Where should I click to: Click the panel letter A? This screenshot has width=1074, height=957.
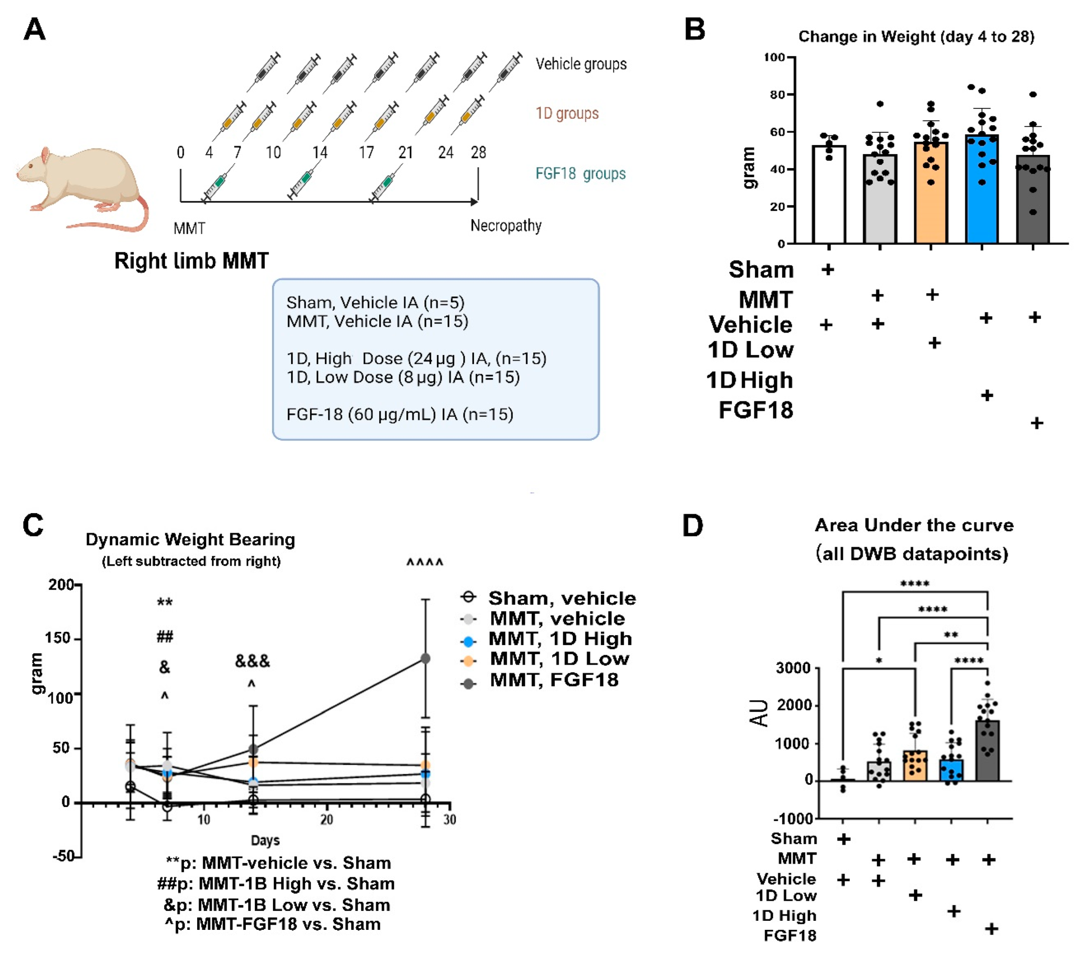(x=35, y=29)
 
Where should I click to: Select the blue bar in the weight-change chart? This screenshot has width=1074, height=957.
(x=981, y=189)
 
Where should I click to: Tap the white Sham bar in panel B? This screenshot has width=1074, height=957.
(x=829, y=195)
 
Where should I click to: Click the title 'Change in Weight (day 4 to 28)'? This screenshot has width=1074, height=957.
(x=916, y=37)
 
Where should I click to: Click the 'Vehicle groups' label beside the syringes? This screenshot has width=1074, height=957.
(x=581, y=64)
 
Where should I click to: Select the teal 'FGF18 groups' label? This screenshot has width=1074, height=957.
(x=580, y=173)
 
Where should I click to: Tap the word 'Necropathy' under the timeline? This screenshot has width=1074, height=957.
(x=506, y=226)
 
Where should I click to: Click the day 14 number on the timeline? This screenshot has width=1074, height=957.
(x=320, y=153)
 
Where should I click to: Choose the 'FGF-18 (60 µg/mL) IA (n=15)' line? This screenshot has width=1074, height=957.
(x=400, y=414)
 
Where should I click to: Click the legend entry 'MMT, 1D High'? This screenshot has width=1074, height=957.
(x=559, y=638)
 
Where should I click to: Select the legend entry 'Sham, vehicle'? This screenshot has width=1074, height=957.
(x=562, y=598)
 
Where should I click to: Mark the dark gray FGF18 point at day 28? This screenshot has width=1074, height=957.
(x=425, y=658)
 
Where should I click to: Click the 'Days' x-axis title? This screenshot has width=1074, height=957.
(x=265, y=840)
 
